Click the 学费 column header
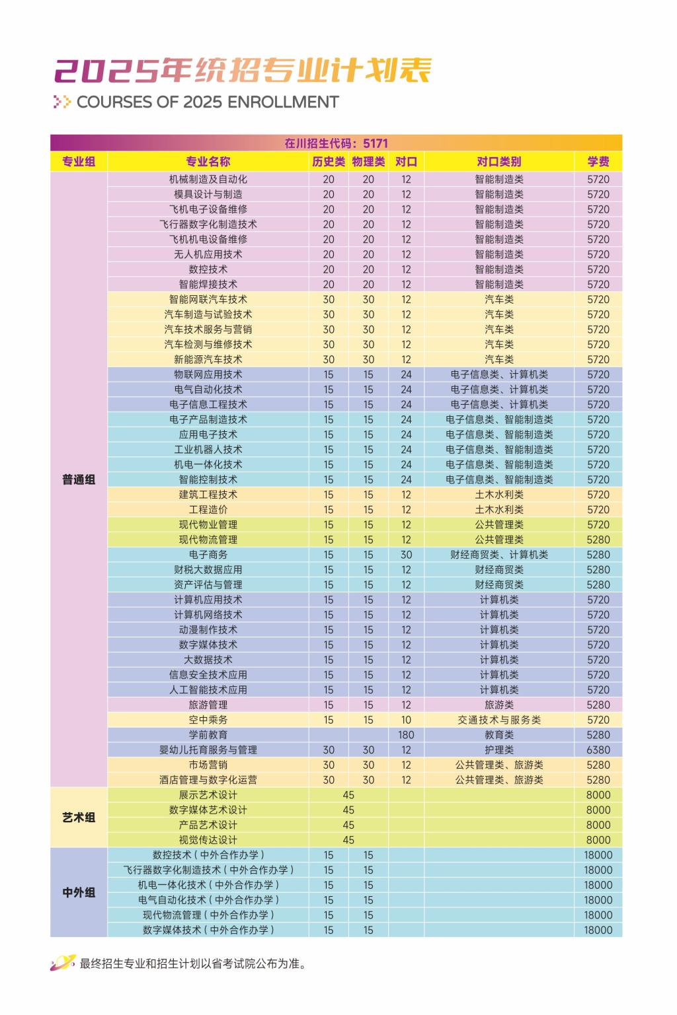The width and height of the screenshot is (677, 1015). [598, 162]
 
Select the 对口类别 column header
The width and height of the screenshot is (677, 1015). [498, 162]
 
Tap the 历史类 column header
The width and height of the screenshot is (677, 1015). [329, 162]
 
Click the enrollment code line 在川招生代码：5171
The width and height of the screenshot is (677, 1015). [336, 143]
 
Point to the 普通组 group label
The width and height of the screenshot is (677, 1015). [79, 480]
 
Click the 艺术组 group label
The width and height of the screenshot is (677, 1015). [79, 818]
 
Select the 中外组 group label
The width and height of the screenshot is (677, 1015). [79, 893]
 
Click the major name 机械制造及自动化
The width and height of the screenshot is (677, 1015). [208, 180]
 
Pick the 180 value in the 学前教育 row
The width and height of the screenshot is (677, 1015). [406, 735]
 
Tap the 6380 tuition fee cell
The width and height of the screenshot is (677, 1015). [598, 750]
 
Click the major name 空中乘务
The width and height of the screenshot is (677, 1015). [208, 720]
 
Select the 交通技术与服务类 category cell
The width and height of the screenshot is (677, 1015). [498, 720]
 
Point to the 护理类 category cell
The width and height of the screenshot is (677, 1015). [498, 750]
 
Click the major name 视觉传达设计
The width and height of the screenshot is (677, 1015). [208, 840]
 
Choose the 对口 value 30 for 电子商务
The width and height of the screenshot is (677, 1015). [406, 555]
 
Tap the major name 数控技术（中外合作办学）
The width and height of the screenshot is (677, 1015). [208, 855]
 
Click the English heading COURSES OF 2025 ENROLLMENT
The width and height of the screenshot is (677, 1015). [208, 102]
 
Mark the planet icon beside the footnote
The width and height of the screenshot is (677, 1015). [63, 963]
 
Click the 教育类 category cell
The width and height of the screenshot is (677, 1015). [498, 735]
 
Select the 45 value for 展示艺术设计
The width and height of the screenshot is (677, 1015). [348, 795]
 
